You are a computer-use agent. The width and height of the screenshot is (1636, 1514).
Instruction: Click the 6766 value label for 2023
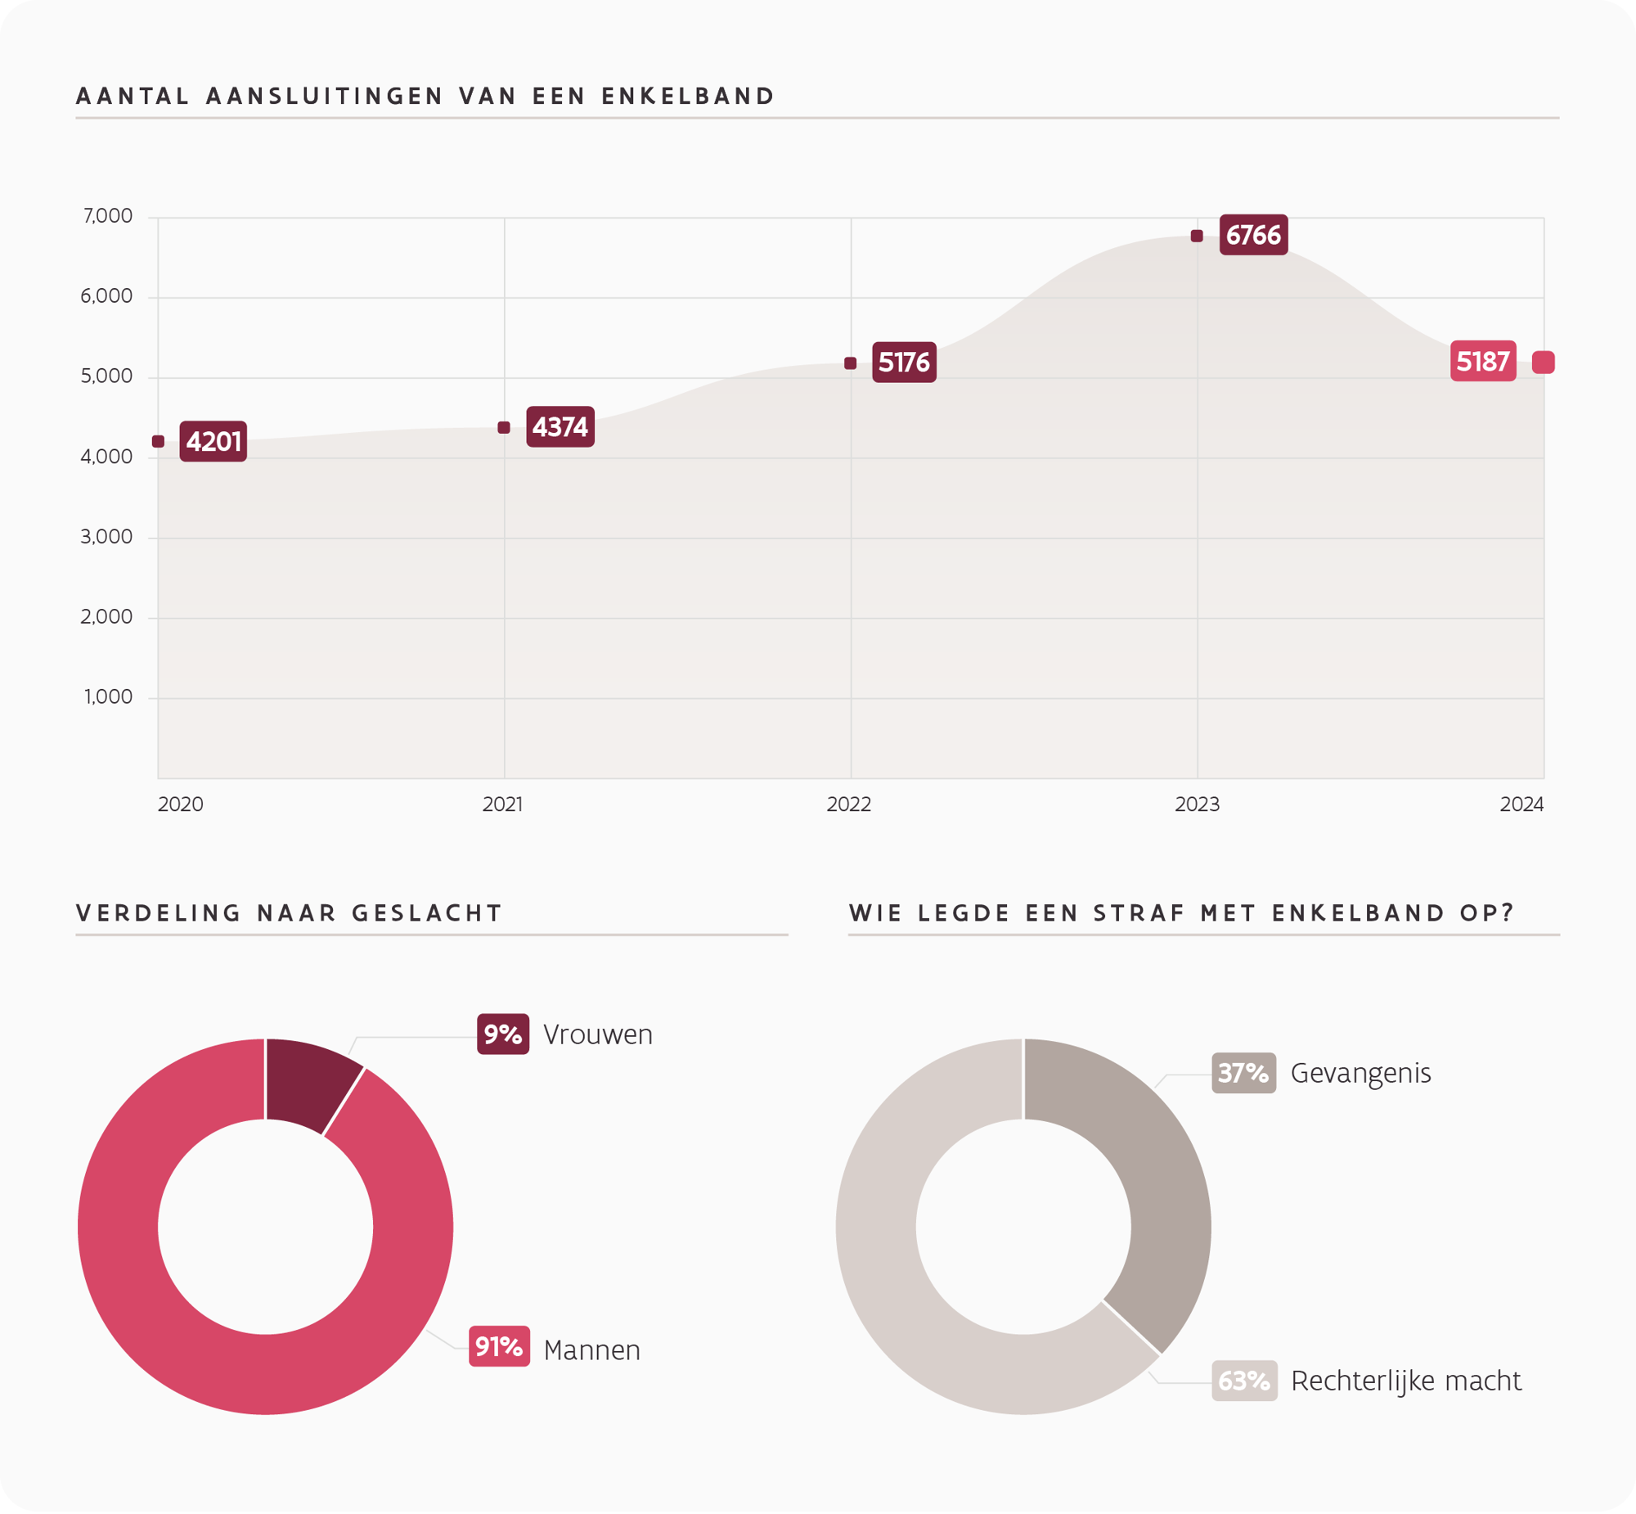(x=1253, y=235)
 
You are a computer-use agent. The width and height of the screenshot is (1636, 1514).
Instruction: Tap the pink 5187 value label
(x=1483, y=361)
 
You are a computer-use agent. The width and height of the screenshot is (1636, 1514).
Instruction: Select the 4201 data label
(x=213, y=442)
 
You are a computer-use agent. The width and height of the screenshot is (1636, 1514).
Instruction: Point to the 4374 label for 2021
(x=560, y=427)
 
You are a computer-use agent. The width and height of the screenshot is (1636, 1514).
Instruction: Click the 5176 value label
(x=904, y=362)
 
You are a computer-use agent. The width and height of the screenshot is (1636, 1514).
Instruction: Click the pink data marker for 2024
(x=1543, y=362)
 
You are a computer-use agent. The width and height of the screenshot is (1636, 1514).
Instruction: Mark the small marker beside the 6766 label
(x=1196, y=236)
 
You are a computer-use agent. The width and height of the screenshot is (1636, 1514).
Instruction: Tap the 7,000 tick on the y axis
(x=107, y=216)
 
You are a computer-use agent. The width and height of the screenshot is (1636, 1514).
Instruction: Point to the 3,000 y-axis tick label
(x=106, y=538)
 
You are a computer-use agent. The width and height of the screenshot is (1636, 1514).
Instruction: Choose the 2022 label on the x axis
(x=848, y=804)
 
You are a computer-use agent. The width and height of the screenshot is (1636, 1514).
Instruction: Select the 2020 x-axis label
(x=180, y=804)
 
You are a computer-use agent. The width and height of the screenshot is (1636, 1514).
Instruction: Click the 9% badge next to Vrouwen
(x=503, y=1034)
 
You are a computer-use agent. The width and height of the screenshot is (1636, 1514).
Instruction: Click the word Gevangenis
(x=1360, y=1073)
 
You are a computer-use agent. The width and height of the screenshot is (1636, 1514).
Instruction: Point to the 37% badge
(x=1244, y=1073)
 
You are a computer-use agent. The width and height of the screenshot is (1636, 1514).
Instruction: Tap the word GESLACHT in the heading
(x=427, y=913)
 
